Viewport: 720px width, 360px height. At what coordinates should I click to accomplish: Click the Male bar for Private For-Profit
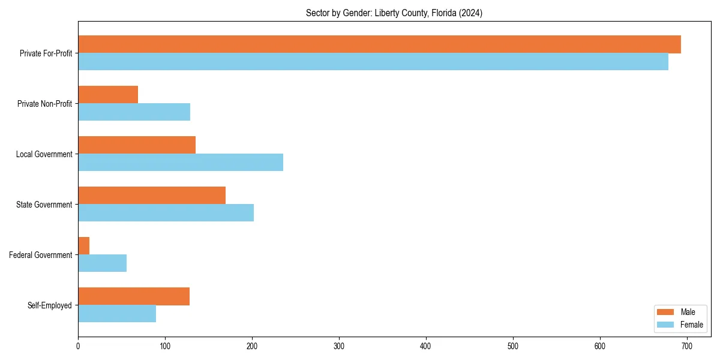(x=379, y=44)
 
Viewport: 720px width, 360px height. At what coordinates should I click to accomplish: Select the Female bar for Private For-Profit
(x=373, y=62)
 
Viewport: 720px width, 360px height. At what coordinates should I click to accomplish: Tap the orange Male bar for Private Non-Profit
(x=108, y=95)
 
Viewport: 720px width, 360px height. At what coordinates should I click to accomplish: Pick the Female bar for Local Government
(x=181, y=163)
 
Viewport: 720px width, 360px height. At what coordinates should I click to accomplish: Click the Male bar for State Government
(x=152, y=196)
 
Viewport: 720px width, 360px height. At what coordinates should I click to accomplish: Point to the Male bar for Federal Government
(x=84, y=246)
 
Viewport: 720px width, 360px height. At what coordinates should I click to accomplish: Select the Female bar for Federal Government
(x=103, y=263)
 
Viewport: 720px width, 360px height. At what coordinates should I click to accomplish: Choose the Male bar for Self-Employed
(x=134, y=296)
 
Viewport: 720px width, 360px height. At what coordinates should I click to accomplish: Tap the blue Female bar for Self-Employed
(x=117, y=314)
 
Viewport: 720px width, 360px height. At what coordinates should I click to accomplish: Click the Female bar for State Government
(x=166, y=213)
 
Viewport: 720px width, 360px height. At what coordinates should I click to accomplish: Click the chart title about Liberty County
(x=394, y=13)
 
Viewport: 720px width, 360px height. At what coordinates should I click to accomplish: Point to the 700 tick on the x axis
(x=687, y=346)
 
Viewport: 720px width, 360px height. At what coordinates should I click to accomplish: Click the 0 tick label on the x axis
(x=78, y=346)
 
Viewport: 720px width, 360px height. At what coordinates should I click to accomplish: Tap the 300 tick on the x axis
(x=339, y=346)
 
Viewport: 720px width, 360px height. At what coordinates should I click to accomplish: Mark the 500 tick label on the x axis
(x=513, y=346)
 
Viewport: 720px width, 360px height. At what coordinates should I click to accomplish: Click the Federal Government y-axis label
(x=41, y=255)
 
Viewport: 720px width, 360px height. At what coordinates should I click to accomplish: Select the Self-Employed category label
(x=50, y=305)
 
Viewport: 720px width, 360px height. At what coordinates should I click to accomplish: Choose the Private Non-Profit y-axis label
(x=44, y=104)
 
